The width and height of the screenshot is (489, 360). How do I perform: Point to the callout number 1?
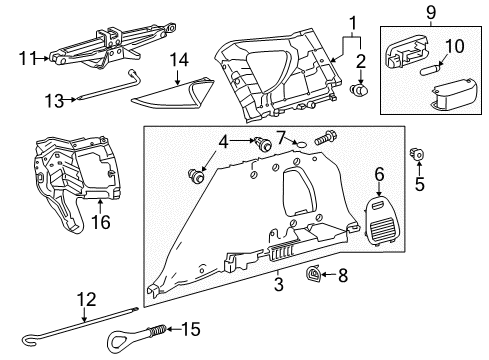coord(351,22)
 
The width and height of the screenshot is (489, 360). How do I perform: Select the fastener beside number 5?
coord(418,154)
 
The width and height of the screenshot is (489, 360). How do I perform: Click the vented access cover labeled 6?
coord(380,205)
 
